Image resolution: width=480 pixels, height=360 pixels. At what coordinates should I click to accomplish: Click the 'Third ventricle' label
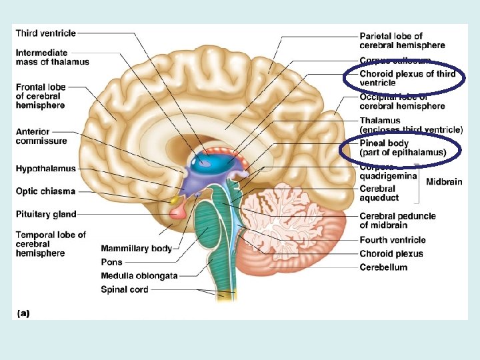(46, 33)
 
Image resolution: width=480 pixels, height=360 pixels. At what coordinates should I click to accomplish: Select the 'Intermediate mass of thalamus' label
(52, 57)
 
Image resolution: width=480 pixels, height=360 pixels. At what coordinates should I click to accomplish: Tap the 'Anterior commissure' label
(41, 137)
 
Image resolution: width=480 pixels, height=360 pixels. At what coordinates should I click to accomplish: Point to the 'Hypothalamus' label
(46, 169)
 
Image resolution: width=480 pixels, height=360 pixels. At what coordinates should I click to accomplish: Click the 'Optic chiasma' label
(46, 191)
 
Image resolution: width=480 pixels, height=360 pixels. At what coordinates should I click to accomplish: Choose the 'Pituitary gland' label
(46, 214)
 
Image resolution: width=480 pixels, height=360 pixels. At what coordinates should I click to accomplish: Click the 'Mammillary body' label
(137, 249)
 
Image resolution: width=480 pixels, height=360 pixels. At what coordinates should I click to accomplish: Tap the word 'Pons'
(111, 263)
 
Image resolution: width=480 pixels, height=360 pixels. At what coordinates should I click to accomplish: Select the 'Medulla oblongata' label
(139, 276)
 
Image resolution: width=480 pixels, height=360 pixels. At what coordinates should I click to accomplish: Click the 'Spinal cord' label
(125, 289)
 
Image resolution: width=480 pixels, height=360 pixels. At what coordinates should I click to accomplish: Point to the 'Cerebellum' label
(383, 267)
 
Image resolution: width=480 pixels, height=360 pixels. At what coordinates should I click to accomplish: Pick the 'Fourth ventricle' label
(393, 240)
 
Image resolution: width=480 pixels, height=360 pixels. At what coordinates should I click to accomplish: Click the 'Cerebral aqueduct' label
(379, 193)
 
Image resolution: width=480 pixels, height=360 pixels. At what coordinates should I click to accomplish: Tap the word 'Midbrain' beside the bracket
(444, 182)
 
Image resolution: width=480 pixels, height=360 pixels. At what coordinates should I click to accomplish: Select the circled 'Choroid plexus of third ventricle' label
(407, 78)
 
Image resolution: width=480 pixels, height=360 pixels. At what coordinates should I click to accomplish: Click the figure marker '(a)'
(22, 311)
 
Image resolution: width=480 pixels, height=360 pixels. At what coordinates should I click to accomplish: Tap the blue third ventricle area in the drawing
(213, 160)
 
